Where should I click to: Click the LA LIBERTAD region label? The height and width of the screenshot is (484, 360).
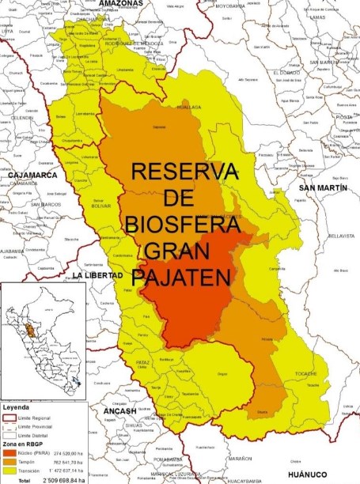[97, 274]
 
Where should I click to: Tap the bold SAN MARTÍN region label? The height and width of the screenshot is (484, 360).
[318, 187]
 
